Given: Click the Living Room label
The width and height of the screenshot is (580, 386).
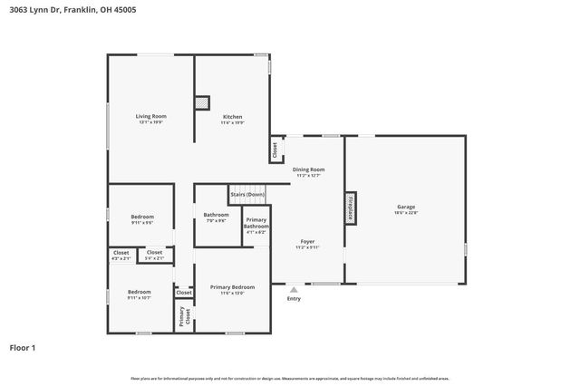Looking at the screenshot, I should click(151, 116).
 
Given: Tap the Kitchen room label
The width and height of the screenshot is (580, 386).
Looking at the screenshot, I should click(233, 116).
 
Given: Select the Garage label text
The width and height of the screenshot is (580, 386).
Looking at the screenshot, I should click(405, 207).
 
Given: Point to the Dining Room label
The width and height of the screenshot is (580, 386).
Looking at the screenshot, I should click(308, 169).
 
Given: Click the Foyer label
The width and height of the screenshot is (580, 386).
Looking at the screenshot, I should click(308, 242).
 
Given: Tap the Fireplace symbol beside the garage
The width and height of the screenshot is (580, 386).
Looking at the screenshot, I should click(349, 206).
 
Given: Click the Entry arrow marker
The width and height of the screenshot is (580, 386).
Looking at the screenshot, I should click(294, 289).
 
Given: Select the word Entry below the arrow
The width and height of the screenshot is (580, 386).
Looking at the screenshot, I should click(294, 299).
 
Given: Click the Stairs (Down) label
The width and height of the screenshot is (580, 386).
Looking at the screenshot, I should click(247, 194).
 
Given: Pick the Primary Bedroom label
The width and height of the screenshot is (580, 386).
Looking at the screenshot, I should click(233, 287).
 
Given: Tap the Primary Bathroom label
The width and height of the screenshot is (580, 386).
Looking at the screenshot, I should click(256, 224).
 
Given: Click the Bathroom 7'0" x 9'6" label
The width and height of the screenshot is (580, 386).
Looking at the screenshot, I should click(216, 215).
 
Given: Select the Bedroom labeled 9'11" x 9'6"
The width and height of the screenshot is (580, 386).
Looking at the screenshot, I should click(142, 217).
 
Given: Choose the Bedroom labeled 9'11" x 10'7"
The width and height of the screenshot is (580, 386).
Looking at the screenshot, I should click(139, 292).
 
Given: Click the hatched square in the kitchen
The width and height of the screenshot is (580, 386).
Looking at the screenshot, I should click(202, 102).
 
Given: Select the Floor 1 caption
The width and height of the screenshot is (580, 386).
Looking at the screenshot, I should click(23, 347).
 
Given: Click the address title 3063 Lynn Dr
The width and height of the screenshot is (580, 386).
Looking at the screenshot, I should click(54, 10).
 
